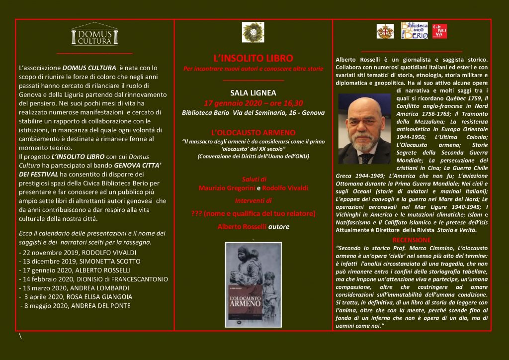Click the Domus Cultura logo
tap(94, 34)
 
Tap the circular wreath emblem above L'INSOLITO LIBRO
tap(253, 32)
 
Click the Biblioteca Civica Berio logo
tap(414, 31)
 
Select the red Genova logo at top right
tap(439, 31)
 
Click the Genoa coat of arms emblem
tap(385, 31)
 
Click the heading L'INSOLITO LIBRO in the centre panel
tap(253, 58)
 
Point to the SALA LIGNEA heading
tap(253, 92)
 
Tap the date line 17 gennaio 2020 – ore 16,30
tap(253, 103)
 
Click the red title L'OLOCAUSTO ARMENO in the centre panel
tap(253, 133)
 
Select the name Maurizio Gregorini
tap(226, 188)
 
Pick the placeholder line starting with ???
tap(253, 213)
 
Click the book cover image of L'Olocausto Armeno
tap(253, 285)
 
